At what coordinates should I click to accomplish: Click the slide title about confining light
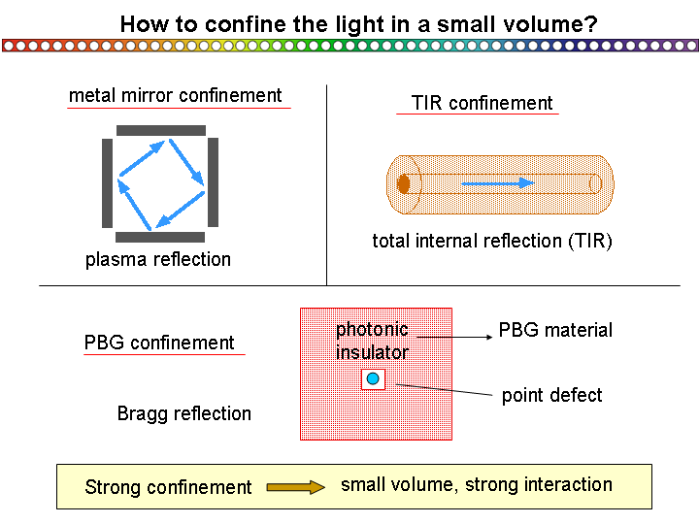click(x=358, y=24)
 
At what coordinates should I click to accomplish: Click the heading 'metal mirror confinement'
click(x=175, y=95)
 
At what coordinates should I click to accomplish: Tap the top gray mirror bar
click(x=161, y=130)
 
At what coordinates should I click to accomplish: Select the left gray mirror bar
click(x=107, y=183)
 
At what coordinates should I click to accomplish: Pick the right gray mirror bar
click(x=213, y=182)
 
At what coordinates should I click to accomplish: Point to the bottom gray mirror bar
click(x=160, y=237)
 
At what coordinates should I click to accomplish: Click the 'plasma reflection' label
click(x=158, y=259)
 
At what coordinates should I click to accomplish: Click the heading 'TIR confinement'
click(x=482, y=103)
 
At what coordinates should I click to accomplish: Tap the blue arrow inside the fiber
click(x=497, y=182)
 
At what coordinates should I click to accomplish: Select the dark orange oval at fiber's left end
click(x=404, y=183)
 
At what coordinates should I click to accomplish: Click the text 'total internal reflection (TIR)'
click(x=492, y=241)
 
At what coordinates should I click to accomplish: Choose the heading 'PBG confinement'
click(x=159, y=343)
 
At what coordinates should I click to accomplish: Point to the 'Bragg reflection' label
click(x=184, y=413)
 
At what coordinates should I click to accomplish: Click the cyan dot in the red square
click(x=373, y=378)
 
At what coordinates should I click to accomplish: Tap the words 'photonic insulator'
click(x=372, y=341)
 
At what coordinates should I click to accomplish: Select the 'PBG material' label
click(x=555, y=330)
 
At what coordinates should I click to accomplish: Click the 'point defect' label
click(x=551, y=395)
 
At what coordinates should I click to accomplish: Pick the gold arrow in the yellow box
click(x=296, y=487)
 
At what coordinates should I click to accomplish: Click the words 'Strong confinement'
click(x=168, y=487)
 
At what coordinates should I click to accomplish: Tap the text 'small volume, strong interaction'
click(x=477, y=485)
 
